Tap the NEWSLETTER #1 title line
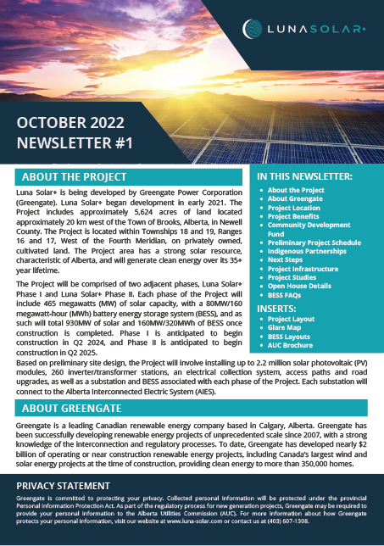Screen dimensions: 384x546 (x=75, y=143)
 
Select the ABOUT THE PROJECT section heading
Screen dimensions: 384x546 (x=74, y=177)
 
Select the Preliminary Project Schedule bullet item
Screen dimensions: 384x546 (x=314, y=242)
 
